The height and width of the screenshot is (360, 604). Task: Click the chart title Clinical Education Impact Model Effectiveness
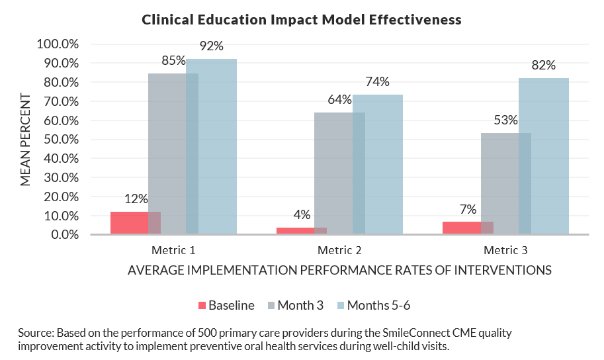point(302,20)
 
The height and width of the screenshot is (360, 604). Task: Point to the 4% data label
point(302,214)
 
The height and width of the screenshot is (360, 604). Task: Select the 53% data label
point(505,120)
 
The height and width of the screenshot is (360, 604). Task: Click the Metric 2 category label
point(339,251)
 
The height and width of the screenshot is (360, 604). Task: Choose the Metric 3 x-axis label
point(505,251)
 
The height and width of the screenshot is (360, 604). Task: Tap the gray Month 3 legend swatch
point(271,306)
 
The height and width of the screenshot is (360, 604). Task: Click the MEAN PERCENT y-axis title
point(25,139)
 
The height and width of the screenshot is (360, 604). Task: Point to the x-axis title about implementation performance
point(339,270)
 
